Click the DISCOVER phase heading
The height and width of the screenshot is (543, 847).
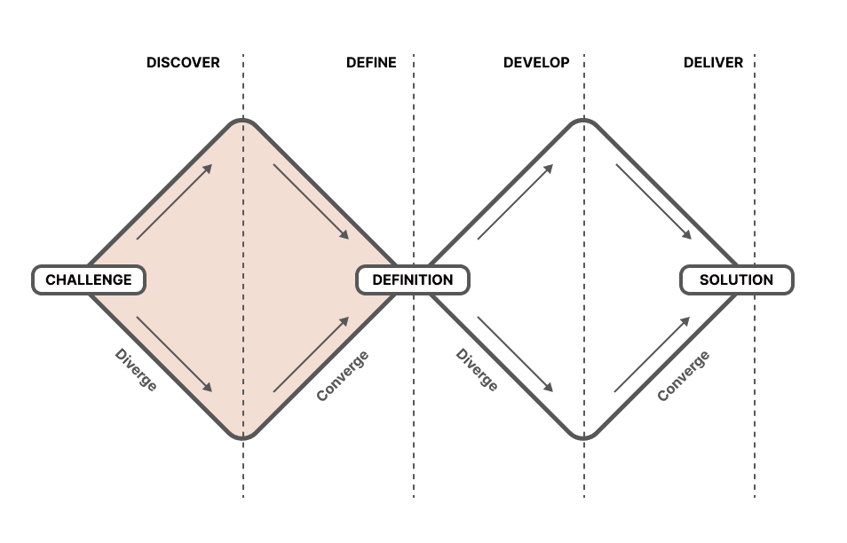(183, 63)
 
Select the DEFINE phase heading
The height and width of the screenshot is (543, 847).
(371, 63)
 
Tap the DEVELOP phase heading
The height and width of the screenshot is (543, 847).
(536, 63)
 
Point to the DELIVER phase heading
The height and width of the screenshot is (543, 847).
(713, 63)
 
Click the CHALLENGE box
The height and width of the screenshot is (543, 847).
(89, 280)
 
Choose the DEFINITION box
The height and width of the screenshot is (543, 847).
(412, 280)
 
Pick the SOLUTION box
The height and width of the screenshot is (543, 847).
(736, 280)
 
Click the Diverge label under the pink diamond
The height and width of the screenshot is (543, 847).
(136, 370)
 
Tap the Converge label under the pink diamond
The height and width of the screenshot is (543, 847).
(343, 375)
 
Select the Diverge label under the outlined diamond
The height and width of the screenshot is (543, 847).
(477, 370)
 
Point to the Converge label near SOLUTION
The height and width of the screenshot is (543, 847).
(683, 375)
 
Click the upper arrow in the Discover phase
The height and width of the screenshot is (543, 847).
(175, 201)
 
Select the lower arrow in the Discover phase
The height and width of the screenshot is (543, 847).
(175, 354)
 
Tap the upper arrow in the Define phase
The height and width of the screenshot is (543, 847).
(311, 201)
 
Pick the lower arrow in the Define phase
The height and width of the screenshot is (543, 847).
(311, 354)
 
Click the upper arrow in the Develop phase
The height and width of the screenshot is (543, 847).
(516, 201)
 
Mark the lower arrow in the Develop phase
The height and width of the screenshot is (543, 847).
(516, 354)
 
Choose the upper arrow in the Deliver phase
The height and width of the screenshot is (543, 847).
(653, 201)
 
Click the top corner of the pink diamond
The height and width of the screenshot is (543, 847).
(242, 122)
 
